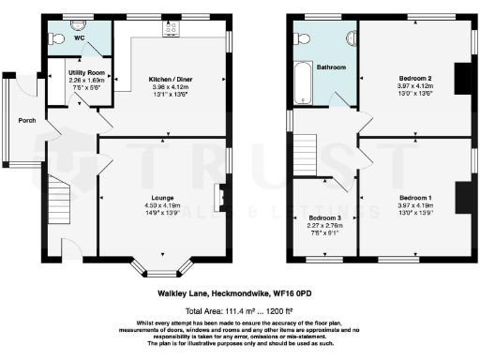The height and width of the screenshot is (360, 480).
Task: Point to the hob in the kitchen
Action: tap(172, 29)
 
